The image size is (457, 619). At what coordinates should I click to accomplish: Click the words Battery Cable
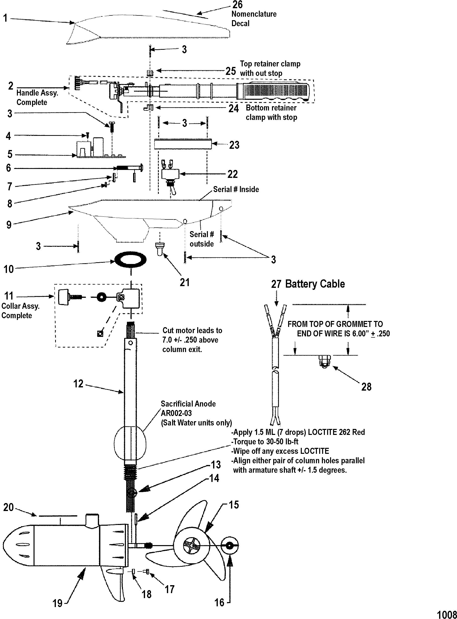[315, 284]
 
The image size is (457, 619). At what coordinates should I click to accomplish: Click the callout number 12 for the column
[78, 383]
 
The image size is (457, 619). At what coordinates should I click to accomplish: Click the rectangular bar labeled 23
[183, 145]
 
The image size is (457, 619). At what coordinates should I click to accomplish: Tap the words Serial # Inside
[236, 190]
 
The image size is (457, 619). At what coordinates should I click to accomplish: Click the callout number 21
[185, 282]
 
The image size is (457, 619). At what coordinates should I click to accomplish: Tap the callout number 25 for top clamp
[230, 71]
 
